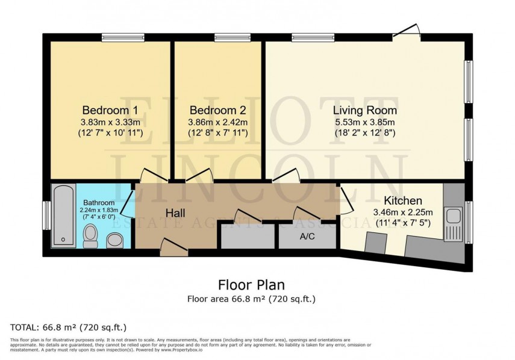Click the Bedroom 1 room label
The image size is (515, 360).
pyautogui.click(x=110, y=110)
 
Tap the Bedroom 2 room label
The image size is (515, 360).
pyautogui.click(x=217, y=110)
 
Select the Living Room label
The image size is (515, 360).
pyautogui.click(x=365, y=110)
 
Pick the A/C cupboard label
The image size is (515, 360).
pyautogui.click(x=307, y=237)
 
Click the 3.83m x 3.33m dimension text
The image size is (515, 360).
pyautogui.click(x=110, y=122)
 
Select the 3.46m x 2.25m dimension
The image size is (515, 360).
pyautogui.click(x=402, y=212)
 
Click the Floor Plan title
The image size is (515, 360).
pyautogui.click(x=251, y=284)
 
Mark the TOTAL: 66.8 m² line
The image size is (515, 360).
pyautogui.click(x=68, y=327)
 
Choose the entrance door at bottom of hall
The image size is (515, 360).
pyautogui.click(x=173, y=245)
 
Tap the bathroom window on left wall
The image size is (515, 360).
pyautogui.click(x=46, y=216)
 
